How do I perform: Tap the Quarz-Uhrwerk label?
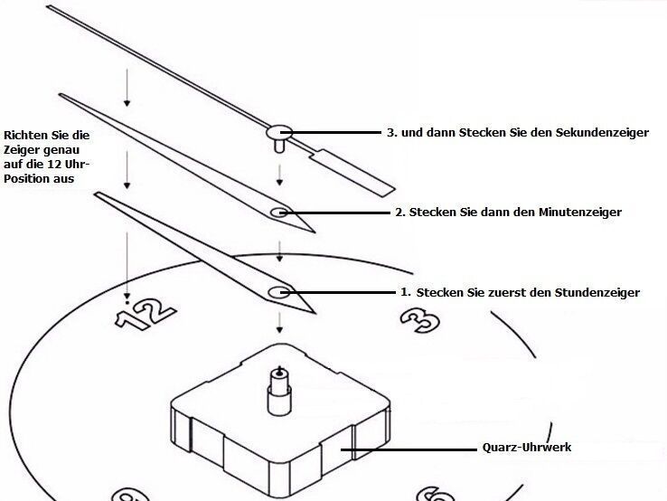pyautogui.click(x=527, y=448)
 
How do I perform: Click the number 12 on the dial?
pyautogui.click(x=146, y=314)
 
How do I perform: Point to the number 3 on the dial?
pyautogui.click(x=420, y=319)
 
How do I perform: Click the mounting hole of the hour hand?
pyautogui.click(x=279, y=292)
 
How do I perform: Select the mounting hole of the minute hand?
pyautogui.click(x=279, y=212)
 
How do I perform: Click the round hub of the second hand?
pyautogui.click(x=279, y=132)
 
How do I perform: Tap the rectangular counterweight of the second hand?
pyautogui.click(x=352, y=173)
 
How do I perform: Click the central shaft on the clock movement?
pyautogui.click(x=279, y=391)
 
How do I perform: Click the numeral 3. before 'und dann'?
pyautogui.click(x=391, y=132)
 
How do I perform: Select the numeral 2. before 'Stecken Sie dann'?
pyautogui.click(x=400, y=212)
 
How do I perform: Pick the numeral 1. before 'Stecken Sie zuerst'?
pyautogui.click(x=406, y=292)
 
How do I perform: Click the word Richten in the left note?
pyautogui.click(x=25, y=136)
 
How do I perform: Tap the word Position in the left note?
pyautogui.click(x=28, y=179)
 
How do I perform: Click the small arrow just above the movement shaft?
pyautogui.click(x=279, y=323)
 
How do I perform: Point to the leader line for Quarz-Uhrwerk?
pyautogui.click(x=409, y=449)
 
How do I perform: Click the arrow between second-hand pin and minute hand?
pyautogui.click(x=279, y=175)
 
